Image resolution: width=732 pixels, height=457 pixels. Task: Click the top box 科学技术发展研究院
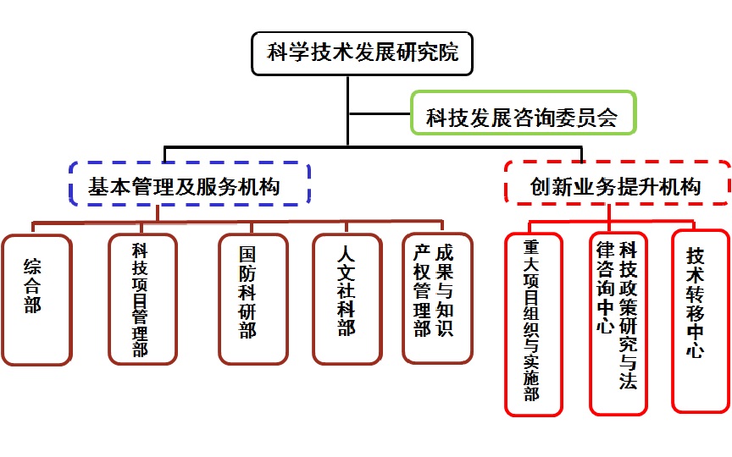click(362, 53)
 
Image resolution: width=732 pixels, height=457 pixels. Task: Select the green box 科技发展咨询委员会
click(521, 115)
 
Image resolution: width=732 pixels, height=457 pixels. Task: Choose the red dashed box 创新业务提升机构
click(616, 184)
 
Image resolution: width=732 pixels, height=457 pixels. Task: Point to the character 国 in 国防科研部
click(248, 254)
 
